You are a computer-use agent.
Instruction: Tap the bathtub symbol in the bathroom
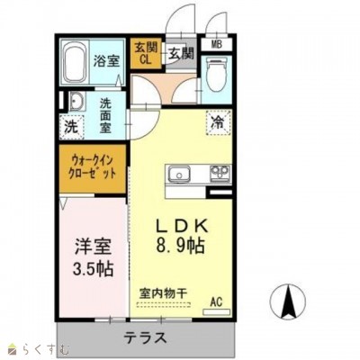(76, 61)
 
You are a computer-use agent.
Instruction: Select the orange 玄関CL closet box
(144, 54)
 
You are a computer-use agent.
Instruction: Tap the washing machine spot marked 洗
(71, 127)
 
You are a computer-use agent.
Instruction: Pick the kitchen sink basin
(176, 173)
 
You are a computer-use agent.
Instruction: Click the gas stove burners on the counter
(218, 173)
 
